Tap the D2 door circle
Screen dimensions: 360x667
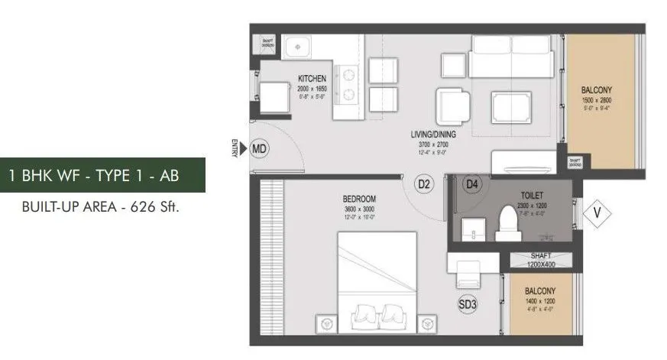[x=424, y=183]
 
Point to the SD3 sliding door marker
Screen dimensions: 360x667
[x=467, y=304]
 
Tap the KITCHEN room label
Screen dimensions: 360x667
[x=312, y=79]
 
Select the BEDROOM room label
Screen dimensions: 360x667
[x=359, y=199]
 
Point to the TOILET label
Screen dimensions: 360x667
[x=532, y=195]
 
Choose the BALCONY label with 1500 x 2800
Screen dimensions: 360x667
[x=597, y=90]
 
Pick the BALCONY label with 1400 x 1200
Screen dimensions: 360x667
[x=540, y=291]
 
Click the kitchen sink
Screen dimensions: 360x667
[x=296, y=47]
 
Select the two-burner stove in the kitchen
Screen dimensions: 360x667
[x=348, y=85]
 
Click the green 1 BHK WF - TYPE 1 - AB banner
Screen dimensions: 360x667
[x=103, y=175]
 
